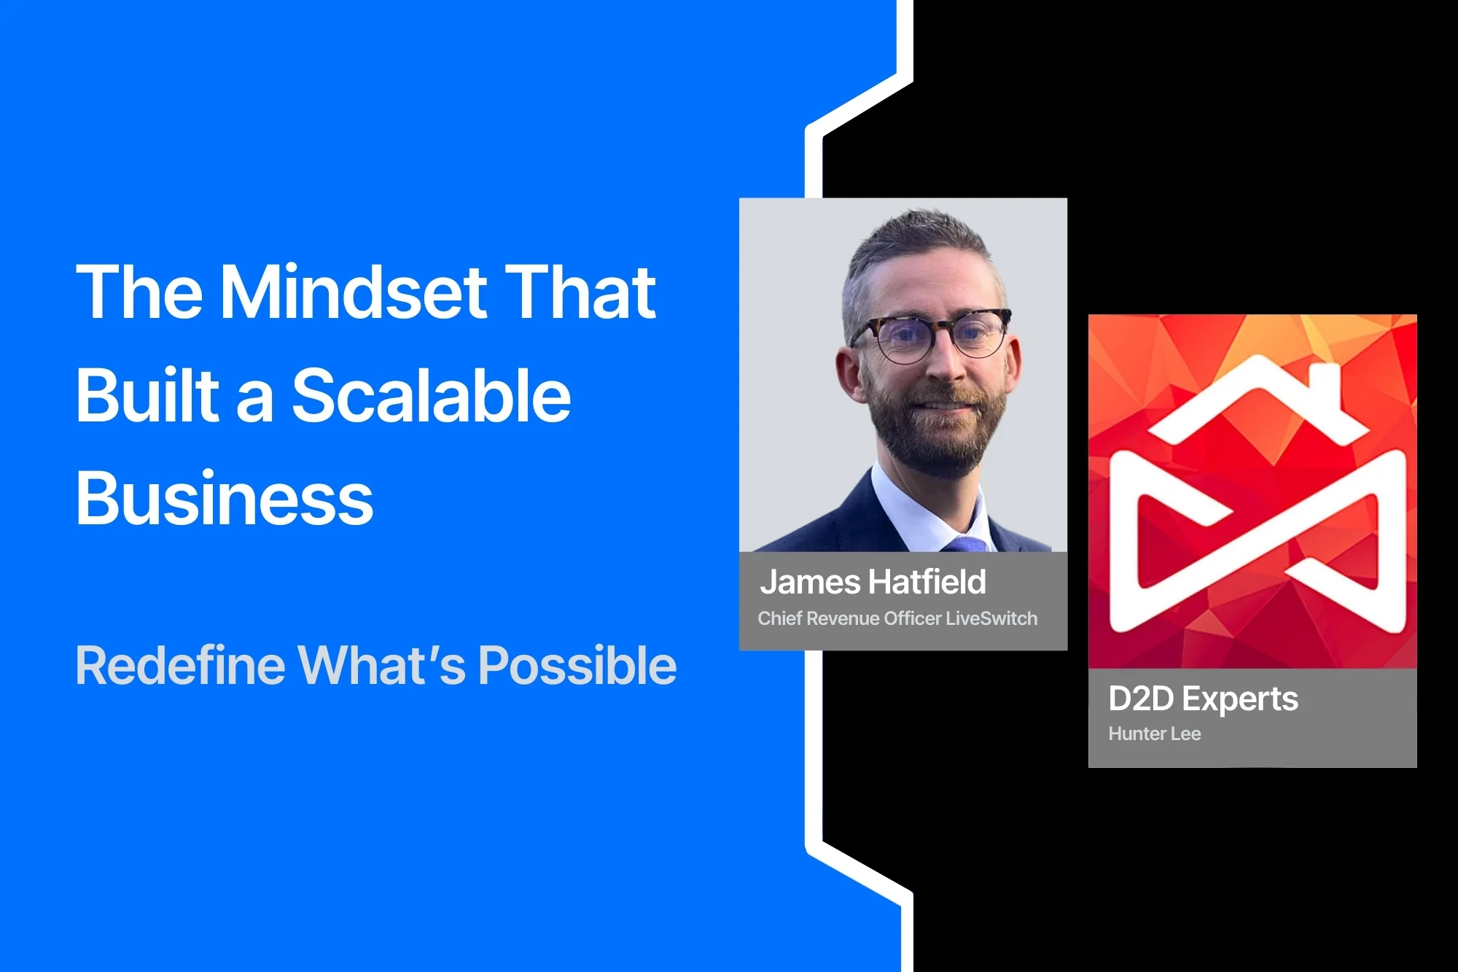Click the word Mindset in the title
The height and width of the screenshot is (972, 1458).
pyautogui.click(x=354, y=292)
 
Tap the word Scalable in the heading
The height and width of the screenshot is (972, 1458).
pyautogui.click(x=432, y=394)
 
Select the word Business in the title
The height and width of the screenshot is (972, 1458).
pyautogui.click(x=225, y=498)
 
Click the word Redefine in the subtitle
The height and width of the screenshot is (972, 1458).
pyautogui.click(x=181, y=665)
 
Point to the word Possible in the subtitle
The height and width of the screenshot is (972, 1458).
pyautogui.click(x=577, y=666)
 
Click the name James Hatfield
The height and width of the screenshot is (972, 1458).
pyautogui.click(x=873, y=582)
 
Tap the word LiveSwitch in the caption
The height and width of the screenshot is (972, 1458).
pyautogui.click(x=991, y=618)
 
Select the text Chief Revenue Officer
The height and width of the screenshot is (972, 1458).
pyautogui.click(x=849, y=618)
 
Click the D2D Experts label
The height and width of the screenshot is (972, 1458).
pyautogui.click(x=1203, y=699)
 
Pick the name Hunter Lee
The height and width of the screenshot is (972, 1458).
pyautogui.click(x=1155, y=734)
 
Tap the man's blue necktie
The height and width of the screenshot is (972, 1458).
pyautogui.click(x=966, y=544)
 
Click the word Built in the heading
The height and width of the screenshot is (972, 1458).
pyautogui.click(x=148, y=394)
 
